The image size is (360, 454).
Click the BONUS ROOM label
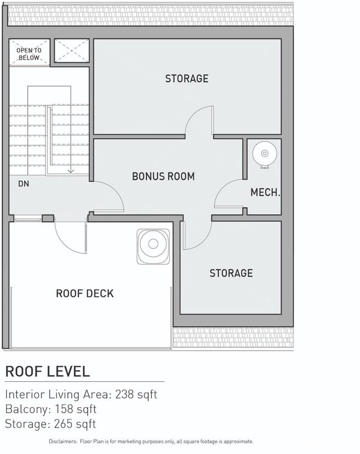(163, 177)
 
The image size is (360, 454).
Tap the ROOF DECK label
(85, 294)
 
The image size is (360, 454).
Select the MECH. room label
(265, 192)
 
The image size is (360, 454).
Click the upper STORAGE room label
(187, 79)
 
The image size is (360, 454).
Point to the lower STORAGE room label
(231, 273)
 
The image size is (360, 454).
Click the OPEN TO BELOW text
(29, 54)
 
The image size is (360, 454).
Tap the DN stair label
(24, 184)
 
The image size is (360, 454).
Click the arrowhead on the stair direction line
(71, 171)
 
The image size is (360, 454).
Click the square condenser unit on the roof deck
(153, 246)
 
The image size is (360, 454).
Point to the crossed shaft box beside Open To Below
(72, 50)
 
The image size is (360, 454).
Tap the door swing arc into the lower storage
(203, 243)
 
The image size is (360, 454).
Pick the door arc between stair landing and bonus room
(116, 191)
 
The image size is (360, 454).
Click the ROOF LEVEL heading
(48, 372)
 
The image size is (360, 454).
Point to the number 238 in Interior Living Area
(124, 395)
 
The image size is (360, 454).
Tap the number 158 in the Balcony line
(64, 409)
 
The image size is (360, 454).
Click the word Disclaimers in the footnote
(63, 441)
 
